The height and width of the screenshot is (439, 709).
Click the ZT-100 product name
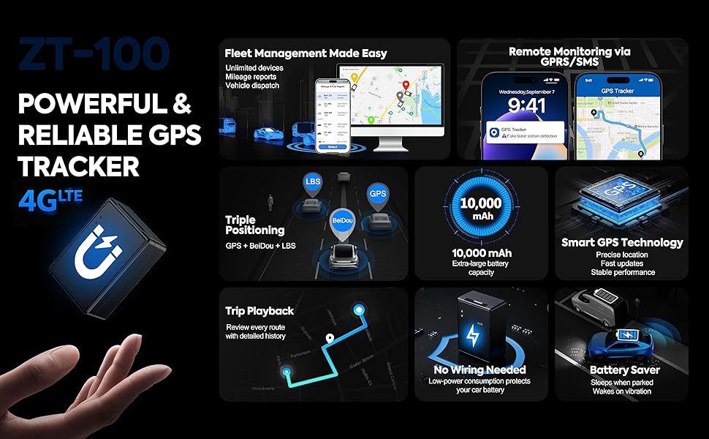click(93, 55)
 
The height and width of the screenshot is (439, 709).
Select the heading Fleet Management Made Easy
click(306, 53)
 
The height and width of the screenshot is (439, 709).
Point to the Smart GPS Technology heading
click(622, 242)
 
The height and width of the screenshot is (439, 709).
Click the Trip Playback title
click(259, 311)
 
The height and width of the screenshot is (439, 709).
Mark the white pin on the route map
click(330, 339)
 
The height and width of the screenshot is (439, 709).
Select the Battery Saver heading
click(624, 370)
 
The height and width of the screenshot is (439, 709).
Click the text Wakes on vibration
click(622, 391)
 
